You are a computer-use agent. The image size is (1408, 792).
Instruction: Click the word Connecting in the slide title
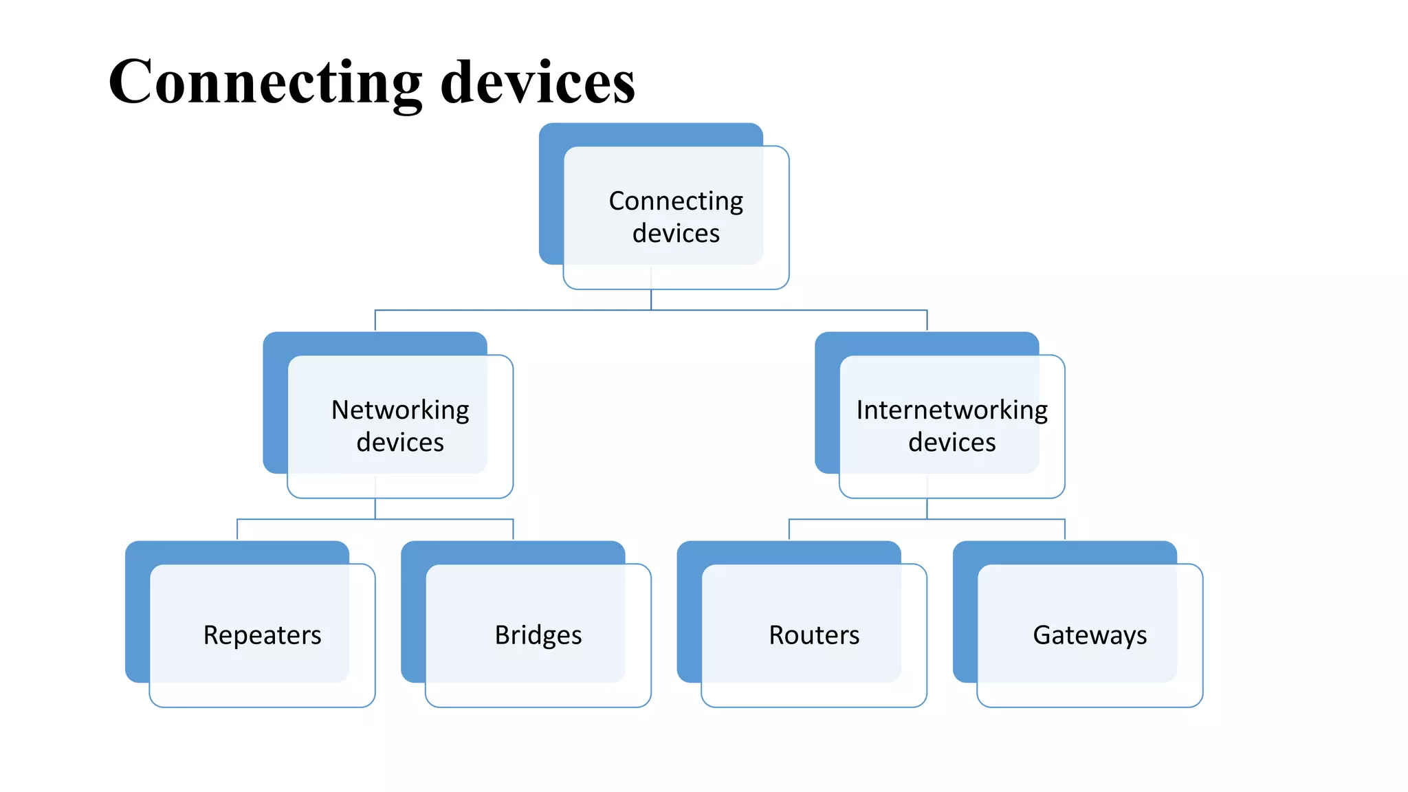point(265,82)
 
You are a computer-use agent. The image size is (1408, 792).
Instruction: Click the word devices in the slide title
point(538,82)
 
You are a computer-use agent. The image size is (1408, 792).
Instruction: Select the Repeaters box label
point(262,635)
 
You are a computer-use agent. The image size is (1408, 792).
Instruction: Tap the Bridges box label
point(538,635)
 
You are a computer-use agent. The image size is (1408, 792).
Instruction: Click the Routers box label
point(814,635)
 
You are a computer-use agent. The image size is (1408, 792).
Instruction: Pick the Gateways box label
point(1090,635)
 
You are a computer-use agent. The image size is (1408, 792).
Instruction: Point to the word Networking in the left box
point(400,410)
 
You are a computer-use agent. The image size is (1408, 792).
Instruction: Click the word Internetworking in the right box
point(951,410)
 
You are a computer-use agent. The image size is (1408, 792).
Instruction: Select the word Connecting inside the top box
point(676,201)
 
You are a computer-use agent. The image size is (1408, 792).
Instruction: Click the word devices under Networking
point(400,442)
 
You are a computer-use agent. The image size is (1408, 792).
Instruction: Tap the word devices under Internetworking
point(951,442)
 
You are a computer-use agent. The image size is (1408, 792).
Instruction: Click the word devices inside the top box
point(676,234)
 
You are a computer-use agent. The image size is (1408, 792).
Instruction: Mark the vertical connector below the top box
point(651,300)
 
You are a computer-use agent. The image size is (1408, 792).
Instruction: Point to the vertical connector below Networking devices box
point(375,509)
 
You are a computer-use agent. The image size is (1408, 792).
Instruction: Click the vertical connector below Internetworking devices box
point(927,509)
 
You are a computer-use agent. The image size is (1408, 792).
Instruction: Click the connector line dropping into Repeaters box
point(237,529)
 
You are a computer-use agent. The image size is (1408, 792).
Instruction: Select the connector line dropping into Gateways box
point(1065,529)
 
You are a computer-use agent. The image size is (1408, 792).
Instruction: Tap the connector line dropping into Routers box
point(789,529)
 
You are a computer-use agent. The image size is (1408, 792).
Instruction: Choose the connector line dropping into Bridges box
point(513,529)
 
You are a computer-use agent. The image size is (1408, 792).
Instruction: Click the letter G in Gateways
point(1042,635)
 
